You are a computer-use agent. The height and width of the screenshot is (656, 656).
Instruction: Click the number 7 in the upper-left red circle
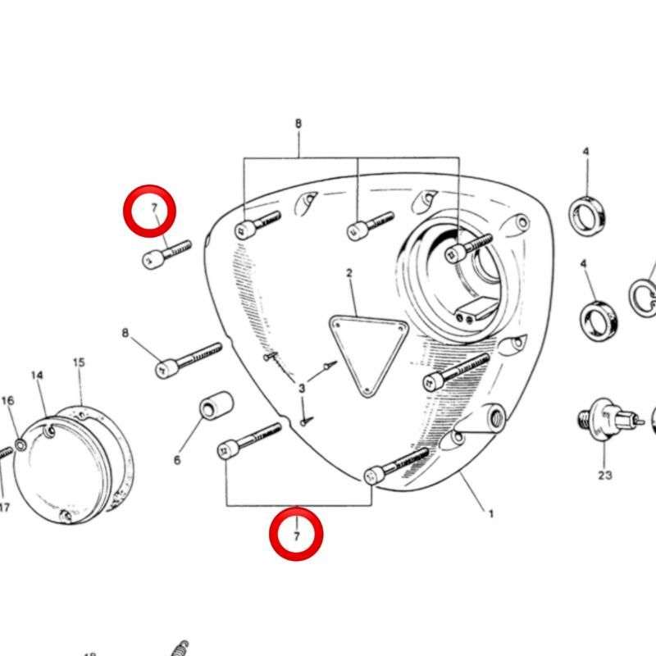point(153,210)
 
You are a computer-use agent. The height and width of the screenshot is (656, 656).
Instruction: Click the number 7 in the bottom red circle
point(297,536)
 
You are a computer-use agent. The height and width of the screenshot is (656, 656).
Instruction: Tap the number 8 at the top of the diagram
point(298,125)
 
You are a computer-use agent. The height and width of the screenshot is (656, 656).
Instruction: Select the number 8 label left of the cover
point(125,333)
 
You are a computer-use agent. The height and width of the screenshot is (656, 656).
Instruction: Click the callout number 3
point(301,388)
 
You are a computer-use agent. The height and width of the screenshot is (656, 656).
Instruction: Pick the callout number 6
point(176,460)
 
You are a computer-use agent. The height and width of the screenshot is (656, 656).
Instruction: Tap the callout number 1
point(491,514)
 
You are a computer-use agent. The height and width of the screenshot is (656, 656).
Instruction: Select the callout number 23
point(604,475)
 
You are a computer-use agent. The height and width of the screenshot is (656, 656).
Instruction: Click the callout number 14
point(37,376)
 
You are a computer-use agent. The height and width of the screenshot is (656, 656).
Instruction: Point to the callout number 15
point(79,362)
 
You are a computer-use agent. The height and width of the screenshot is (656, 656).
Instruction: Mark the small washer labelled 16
point(19,444)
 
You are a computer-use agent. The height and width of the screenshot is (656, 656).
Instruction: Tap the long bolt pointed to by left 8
point(189,359)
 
